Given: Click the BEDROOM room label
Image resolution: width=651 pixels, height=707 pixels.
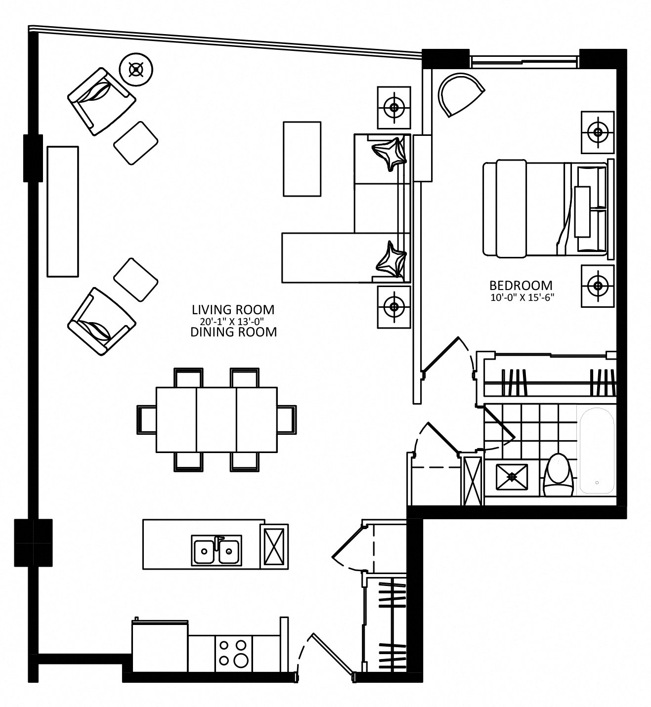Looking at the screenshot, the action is coord(521,285).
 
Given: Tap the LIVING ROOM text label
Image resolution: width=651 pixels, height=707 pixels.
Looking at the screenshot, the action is coord(233,310).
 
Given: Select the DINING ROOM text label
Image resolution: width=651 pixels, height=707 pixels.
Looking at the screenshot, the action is coord(233,332).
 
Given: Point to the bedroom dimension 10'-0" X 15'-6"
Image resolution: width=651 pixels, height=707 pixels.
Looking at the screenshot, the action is coord(522,298).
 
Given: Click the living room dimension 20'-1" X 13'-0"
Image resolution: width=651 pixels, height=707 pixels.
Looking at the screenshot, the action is coord(232,321).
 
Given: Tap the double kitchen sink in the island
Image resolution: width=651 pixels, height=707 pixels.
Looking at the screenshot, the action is coord(217,550).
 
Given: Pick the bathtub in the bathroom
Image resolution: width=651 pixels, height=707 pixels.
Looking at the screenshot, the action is coord(597,451).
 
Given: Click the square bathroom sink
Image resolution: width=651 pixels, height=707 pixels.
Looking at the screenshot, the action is coord(512,477).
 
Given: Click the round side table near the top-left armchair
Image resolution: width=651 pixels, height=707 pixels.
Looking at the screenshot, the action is coord(136,70).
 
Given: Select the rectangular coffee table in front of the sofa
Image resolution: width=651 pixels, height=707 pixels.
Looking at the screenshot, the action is coord(302,159).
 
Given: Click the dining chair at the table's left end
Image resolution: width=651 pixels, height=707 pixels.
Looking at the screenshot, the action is coord(147,419).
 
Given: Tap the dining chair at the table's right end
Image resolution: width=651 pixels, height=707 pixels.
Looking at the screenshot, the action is coord(286,419).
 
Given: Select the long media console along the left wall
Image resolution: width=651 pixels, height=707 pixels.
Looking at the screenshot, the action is coord(63,211).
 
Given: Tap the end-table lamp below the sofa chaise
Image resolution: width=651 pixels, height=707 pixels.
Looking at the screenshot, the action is coord(394,307).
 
